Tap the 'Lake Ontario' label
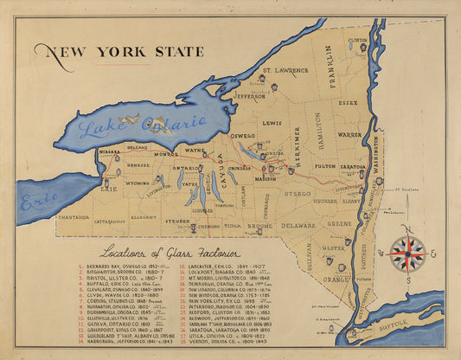[138, 126]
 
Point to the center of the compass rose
[407, 254]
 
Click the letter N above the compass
[407, 228]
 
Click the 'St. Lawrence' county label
[285, 70]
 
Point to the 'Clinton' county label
[358, 40]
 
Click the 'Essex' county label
[348, 102]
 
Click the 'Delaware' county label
[298, 225]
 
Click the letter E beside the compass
[433, 254]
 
